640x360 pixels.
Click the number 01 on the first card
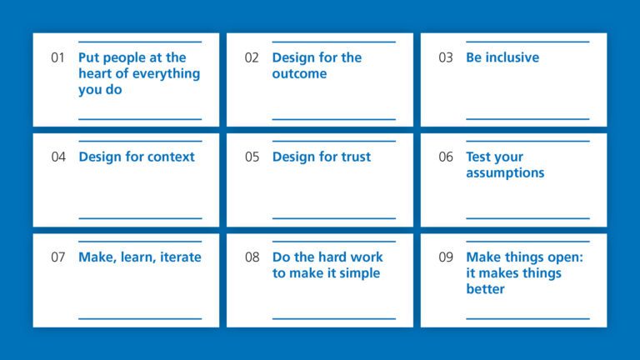57,57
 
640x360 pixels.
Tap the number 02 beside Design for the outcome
252,57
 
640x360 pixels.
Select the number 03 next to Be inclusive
446,57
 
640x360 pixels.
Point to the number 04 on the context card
57,157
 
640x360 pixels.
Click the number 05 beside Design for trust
252,157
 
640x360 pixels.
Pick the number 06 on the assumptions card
446,157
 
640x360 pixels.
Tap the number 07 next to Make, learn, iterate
57,257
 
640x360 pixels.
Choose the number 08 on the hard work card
252,257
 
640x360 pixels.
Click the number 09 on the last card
446,257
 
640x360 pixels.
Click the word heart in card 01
96,73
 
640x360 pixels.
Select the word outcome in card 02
299,73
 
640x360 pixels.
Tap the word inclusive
512,57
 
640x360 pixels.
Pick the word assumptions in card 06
505,172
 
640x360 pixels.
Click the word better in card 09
485,288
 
